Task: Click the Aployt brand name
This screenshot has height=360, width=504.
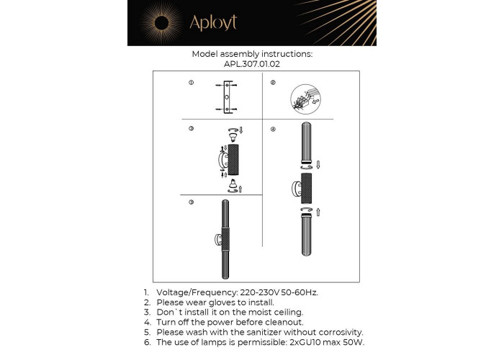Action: tap(213, 22)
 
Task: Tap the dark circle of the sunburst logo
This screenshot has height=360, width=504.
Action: tap(162, 23)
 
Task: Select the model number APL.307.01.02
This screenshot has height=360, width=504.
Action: tap(252, 64)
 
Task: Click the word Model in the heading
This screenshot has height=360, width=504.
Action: tap(204, 54)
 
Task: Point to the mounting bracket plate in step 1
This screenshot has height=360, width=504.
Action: tap(227, 97)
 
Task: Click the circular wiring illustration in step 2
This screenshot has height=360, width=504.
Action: tap(305, 99)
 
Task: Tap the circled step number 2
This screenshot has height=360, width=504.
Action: tap(273, 83)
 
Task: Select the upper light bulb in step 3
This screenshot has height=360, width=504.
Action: tap(233, 138)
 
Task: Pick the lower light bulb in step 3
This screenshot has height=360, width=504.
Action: tap(233, 183)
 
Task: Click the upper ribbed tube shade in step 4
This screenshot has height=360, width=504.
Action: tap(306, 143)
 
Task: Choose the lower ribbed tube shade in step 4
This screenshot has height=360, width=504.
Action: tap(306, 235)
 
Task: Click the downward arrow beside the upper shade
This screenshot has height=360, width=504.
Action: tap(318, 165)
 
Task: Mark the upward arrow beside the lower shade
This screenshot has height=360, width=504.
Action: tap(318, 212)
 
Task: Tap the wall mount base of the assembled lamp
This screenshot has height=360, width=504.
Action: tap(218, 240)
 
